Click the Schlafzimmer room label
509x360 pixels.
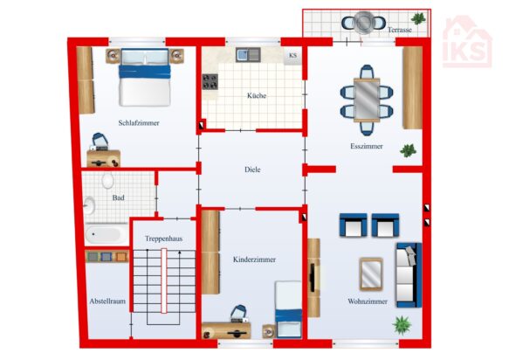pyautogui.click(x=139, y=123)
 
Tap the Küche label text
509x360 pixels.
pyautogui.click(x=257, y=95)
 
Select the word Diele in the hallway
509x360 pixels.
pyautogui.click(x=252, y=170)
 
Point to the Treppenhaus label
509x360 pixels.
pyautogui.click(x=163, y=239)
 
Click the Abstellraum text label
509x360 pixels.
pyautogui.click(x=107, y=301)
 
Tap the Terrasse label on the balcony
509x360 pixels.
pyautogui.click(x=400, y=30)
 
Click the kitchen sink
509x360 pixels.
pyautogui.click(x=248, y=54)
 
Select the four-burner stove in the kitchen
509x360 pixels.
pyautogui.click(x=210, y=81)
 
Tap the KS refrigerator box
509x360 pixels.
pyautogui.click(x=292, y=55)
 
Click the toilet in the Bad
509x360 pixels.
pyautogui.click(x=107, y=180)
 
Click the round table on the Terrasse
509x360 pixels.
pyautogui.click(x=363, y=22)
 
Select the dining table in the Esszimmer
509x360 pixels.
pyautogui.click(x=367, y=100)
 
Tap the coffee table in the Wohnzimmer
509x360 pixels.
pyautogui.click(x=371, y=273)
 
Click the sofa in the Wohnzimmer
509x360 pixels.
pyautogui.click(x=409, y=275)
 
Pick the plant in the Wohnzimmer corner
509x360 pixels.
pyautogui.click(x=402, y=325)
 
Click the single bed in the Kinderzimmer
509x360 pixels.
pyautogui.click(x=288, y=309)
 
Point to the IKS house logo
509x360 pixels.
pyautogui.click(x=467, y=42)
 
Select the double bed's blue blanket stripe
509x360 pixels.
pyautogui.click(x=145, y=72)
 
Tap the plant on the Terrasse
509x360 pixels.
pyautogui.click(x=418, y=18)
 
